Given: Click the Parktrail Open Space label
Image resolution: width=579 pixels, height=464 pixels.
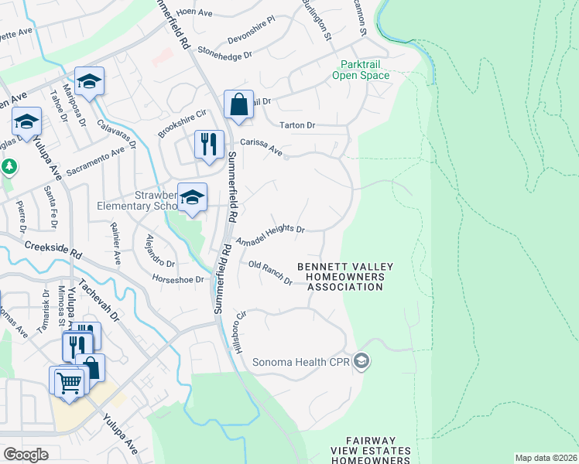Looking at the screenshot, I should coord(360,70).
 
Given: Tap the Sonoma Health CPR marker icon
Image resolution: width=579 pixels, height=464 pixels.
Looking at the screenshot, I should coord(360,361).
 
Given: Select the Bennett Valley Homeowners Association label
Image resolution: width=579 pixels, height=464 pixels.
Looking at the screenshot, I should coord(345,277).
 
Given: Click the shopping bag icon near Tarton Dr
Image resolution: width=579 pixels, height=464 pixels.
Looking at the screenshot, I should coord(239,104).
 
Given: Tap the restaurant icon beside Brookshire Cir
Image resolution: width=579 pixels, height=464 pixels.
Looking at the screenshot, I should coord(208,144).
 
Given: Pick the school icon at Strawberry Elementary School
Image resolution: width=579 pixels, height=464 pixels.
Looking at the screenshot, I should coord(192,197).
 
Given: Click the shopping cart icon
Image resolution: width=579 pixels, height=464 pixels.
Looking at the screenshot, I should coord(68,381).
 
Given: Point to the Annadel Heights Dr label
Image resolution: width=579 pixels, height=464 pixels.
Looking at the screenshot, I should coord(270,234).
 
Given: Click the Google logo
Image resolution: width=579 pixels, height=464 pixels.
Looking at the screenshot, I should coord(26,455).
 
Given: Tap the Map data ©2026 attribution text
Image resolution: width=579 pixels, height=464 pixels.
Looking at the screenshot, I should coord(545,458).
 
